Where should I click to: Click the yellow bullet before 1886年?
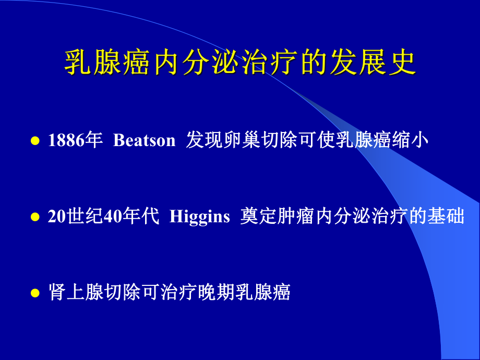click(35, 141)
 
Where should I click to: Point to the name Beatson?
click(144, 141)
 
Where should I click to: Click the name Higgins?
click(200, 217)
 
